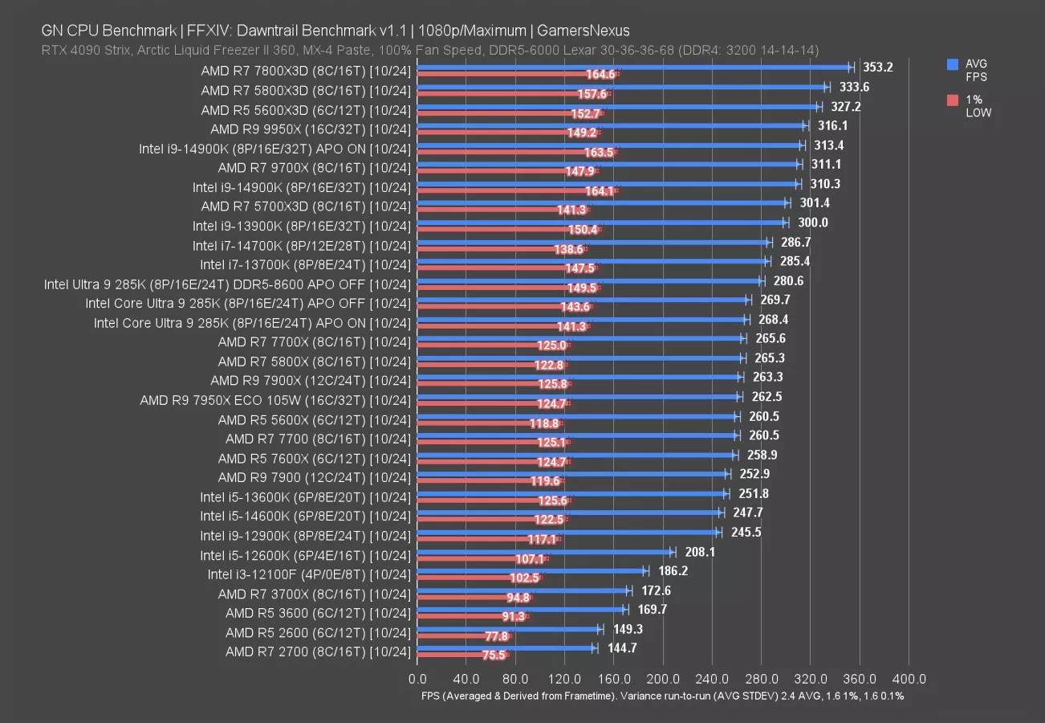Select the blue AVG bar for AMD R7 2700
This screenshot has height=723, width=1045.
pos(506,647)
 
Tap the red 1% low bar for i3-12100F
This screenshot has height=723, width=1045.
pos(479,578)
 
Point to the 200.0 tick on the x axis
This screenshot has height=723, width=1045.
pos(663,680)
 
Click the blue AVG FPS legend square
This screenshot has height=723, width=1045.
pos(953,63)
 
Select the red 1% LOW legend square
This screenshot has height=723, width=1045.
pos(953,100)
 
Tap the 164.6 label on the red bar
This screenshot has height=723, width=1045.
pos(601,75)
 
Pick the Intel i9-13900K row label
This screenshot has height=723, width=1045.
pos(302,226)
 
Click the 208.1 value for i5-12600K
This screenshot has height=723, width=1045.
pos(700,552)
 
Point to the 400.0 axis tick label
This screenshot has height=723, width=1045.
pos(909,680)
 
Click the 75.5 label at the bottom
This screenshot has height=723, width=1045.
pos(494,656)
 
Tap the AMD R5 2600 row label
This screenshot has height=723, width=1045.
pos(318,632)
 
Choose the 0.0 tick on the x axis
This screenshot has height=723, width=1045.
pos(417,680)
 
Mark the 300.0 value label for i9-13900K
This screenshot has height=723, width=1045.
pos(813,223)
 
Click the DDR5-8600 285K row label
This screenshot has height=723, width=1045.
pos(228,284)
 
